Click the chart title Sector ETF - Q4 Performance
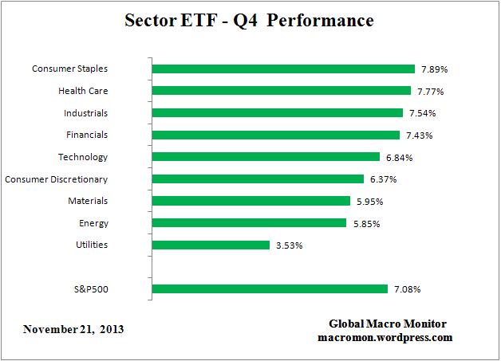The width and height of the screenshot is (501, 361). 250,21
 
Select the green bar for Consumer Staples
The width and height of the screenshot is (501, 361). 282,69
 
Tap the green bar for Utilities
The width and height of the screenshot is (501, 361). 210,245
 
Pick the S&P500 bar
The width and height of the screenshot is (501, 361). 269,288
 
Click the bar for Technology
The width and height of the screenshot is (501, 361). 265,157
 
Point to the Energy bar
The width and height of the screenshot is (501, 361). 248,223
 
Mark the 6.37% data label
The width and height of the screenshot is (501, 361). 382,179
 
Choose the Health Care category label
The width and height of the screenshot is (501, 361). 83,91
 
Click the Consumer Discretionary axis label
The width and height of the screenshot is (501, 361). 57,179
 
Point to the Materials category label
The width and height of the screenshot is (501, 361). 87,201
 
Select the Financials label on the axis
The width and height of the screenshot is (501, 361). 87,135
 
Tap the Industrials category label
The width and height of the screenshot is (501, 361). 86,113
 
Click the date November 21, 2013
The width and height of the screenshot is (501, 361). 73,329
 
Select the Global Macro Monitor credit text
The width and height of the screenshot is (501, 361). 388,324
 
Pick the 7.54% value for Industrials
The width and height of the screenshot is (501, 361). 421,113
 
